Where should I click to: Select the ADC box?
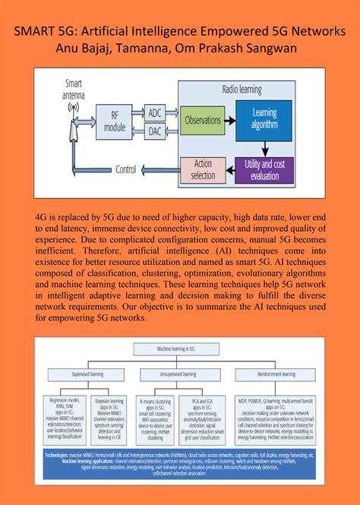point(155,113)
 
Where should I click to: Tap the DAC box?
point(155,131)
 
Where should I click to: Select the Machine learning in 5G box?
point(179,349)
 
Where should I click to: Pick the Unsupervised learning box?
point(180,374)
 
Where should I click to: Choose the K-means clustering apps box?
point(156,418)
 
